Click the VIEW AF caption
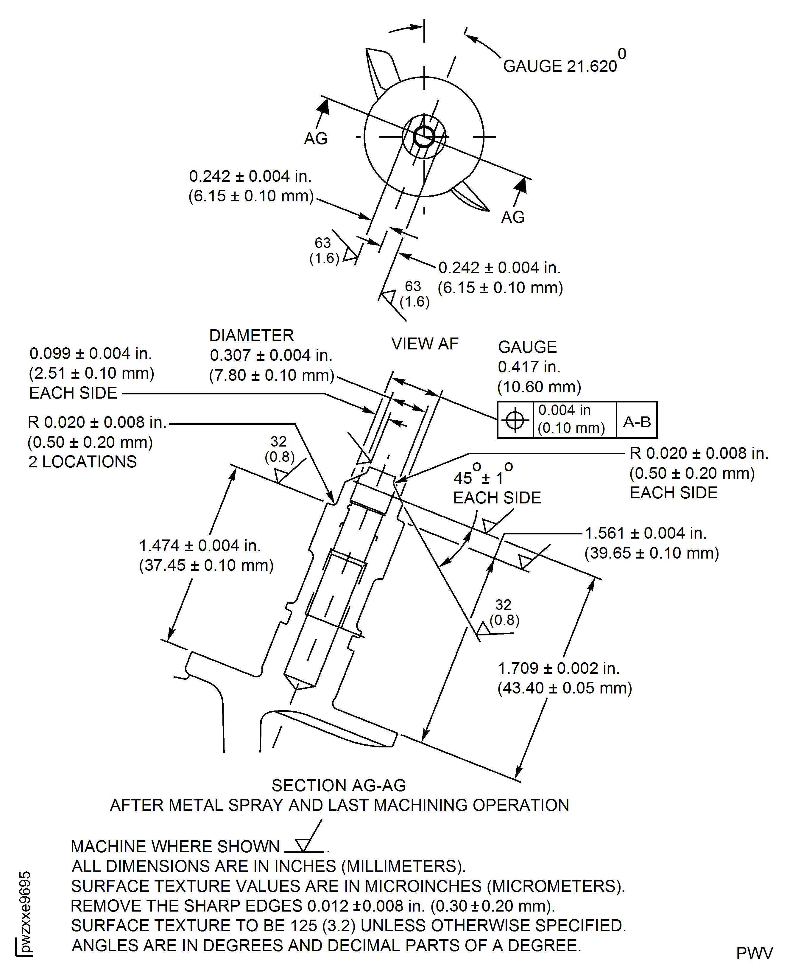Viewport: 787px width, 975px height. [425, 344]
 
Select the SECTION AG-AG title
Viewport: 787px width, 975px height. [338, 785]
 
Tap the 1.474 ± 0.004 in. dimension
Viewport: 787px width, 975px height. [200, 545]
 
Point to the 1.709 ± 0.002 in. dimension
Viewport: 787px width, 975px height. [559, 668]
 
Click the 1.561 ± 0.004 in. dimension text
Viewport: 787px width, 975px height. [646, 533]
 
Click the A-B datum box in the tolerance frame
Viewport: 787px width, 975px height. [637, 422]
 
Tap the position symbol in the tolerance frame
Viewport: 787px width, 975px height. [515, 420]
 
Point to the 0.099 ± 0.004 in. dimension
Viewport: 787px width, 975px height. [91, 353]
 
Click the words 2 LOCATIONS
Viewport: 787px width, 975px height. [82, 462]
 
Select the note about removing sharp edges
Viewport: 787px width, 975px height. [313, 906]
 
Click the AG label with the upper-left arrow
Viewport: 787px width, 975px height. [316, 138]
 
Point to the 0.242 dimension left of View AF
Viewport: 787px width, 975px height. [250, 176]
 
